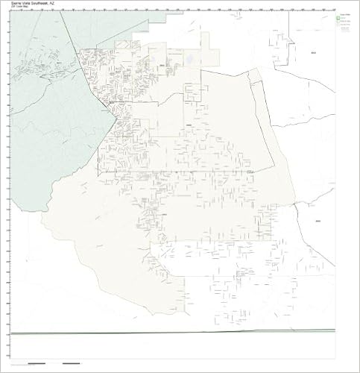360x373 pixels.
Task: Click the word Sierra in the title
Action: click(16, 4)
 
